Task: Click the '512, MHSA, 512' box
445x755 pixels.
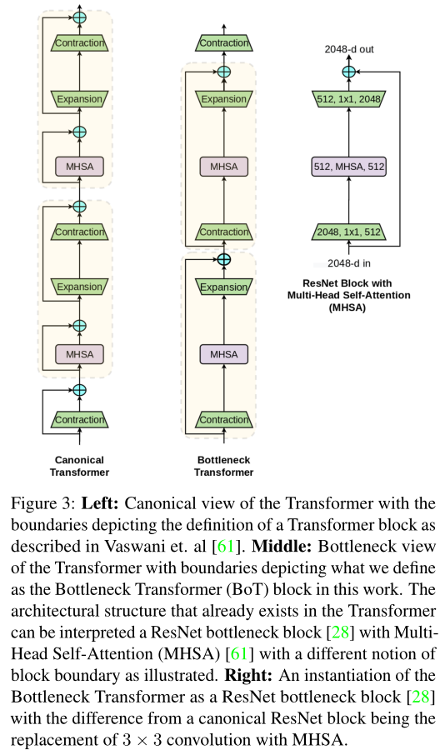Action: pos(350,167)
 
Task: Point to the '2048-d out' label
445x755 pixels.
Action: pos(349,49)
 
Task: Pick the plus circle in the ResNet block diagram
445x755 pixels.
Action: pos(349,72)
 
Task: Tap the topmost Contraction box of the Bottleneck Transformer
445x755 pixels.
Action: pos(223,42)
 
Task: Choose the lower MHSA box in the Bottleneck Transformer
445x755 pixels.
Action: pos(223,354)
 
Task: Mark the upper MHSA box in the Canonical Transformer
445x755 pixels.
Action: pos(80,167)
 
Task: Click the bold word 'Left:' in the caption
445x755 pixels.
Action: pos(99,506)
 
